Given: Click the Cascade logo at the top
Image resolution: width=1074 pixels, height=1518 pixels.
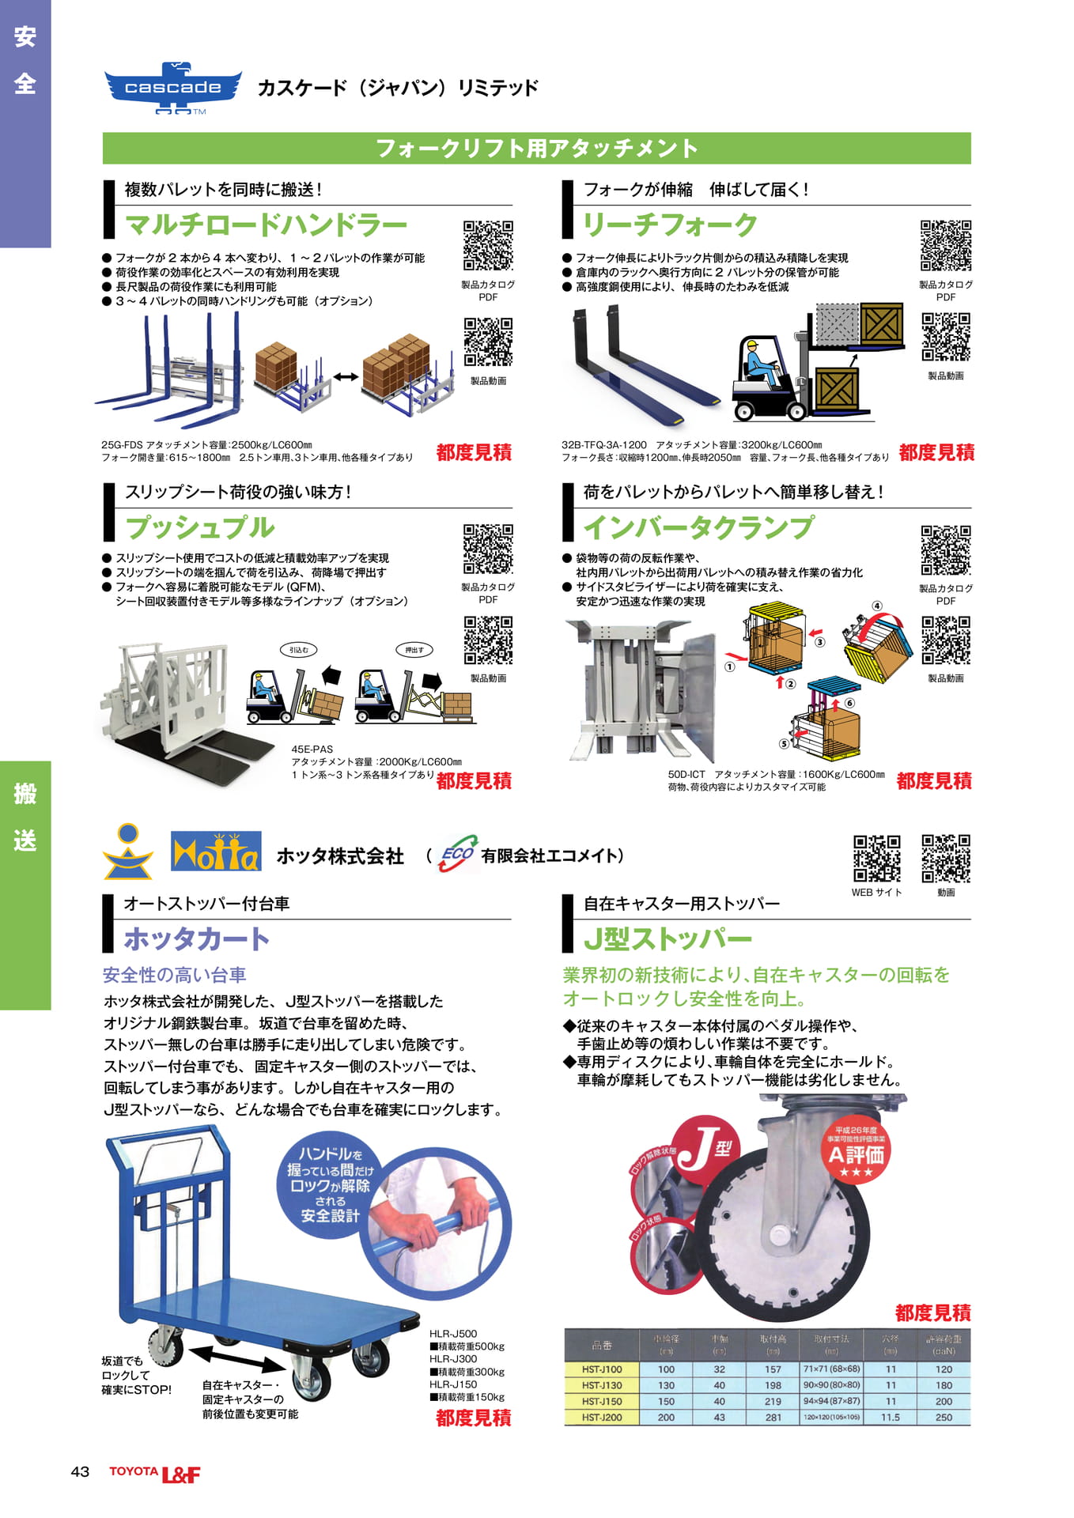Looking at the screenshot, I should coord(173,88).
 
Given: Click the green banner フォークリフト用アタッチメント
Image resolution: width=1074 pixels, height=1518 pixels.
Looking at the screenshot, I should coord(536,149).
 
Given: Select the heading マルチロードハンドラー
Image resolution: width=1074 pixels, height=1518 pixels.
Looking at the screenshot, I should coord(266,225).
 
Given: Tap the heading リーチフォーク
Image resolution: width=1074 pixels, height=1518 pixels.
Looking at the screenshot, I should coord(670,225).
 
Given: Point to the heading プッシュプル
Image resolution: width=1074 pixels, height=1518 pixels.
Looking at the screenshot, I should coord(200,527).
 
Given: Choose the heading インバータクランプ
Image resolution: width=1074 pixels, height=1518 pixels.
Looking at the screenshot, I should coord(698,527).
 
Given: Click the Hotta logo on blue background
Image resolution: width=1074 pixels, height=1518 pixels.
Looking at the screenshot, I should coord(216,852).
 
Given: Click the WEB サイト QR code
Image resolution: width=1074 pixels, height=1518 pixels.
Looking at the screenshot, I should coord(876,858).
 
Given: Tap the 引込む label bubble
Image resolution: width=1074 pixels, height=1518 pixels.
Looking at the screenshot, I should coord(299,650).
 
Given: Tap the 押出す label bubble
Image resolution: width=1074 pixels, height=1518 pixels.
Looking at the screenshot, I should coord(414,650).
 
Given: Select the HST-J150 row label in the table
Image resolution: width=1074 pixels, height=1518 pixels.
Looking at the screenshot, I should coord(602,1401).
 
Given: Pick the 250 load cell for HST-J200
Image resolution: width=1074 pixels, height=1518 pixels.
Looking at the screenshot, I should coord(944,1418).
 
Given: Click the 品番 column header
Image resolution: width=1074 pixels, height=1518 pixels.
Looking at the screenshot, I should coord(602,1345).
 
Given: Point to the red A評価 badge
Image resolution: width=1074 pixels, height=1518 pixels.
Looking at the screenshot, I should coord(856,1154).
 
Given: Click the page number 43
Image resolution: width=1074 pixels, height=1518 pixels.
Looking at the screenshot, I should coord(80,1472).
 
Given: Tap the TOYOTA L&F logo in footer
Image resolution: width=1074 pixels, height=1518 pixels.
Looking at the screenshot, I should coord(155,1473).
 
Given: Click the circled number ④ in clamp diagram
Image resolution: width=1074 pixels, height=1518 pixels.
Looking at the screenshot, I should coord(876,606).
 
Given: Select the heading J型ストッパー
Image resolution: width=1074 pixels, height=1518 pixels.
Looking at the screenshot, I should coord(667,939).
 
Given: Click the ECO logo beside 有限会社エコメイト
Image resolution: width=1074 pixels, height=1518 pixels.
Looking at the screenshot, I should coord(457,855).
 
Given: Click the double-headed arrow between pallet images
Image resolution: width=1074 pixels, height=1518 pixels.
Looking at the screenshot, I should coord(346,377).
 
